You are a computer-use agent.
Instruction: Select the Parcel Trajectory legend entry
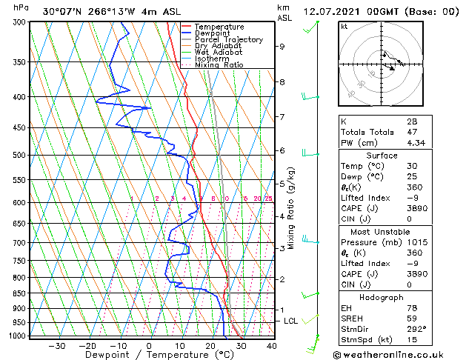point(228,40)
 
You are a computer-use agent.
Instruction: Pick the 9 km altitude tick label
point(282,46)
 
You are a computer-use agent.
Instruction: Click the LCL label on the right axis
point(290,321)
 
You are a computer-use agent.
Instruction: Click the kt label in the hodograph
point(344,26)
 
